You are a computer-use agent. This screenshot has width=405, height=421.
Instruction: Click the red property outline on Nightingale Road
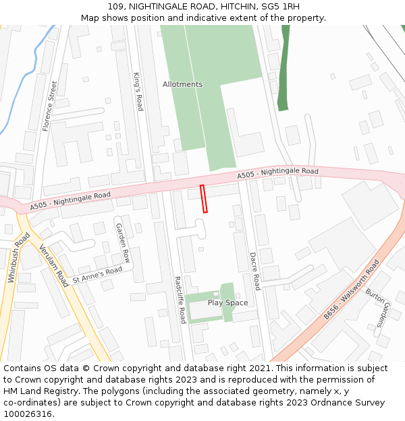(204, 199)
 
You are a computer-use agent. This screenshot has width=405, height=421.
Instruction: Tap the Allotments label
(182, 84)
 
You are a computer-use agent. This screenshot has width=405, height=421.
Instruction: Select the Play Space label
(227, 303)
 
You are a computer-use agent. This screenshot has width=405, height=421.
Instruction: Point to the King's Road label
(138, 92)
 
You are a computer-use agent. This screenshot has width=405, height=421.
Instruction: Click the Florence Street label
(50, 106)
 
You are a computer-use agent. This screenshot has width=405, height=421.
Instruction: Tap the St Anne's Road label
(97, 275)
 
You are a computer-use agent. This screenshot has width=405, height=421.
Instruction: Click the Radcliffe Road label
(180, 299)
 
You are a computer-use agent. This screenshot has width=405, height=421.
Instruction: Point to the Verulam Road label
(53, 265)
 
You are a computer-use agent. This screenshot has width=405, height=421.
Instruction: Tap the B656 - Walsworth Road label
(351, 290)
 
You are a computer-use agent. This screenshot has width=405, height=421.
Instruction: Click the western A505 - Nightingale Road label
(70, 199)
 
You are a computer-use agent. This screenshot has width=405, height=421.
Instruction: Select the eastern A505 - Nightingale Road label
(277, 174)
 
